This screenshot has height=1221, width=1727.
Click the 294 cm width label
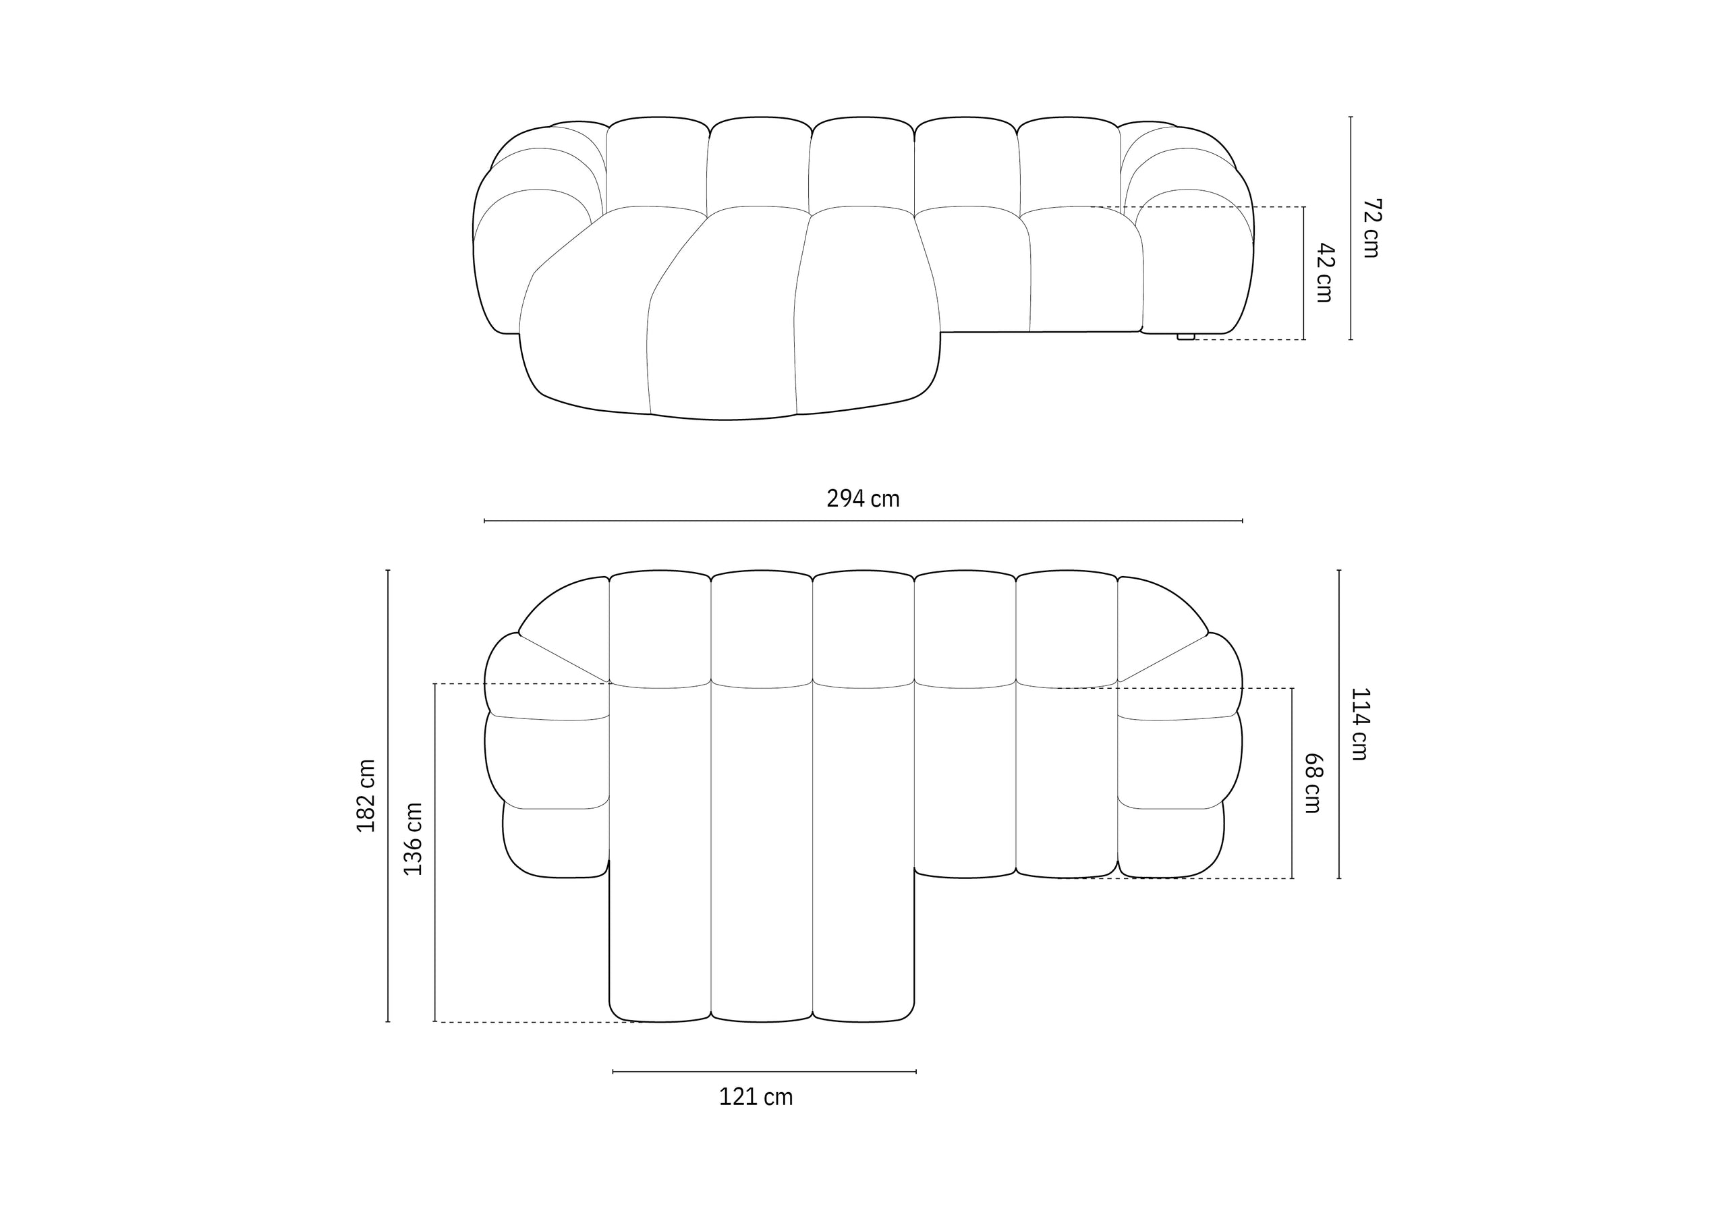(863, 499)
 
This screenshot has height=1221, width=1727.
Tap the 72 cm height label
(1372, 228)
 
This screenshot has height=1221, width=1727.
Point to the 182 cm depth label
(366, 795)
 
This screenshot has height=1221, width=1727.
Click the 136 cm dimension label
(413, 839)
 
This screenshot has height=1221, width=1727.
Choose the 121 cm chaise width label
(756, 1098)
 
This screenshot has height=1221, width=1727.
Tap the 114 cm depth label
(1360, 724)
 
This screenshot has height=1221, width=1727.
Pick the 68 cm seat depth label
(1313, 783)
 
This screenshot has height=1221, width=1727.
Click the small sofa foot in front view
(1185, 337)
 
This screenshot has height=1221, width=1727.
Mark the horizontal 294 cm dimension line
(863, 521)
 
